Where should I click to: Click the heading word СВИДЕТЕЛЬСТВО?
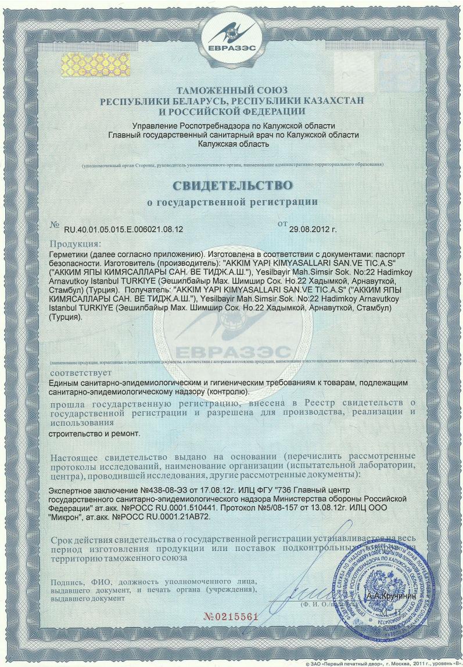231,186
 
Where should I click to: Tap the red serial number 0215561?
231,617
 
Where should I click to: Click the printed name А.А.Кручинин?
390,596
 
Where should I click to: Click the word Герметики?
71,255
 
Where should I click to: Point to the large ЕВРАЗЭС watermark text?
231,352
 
